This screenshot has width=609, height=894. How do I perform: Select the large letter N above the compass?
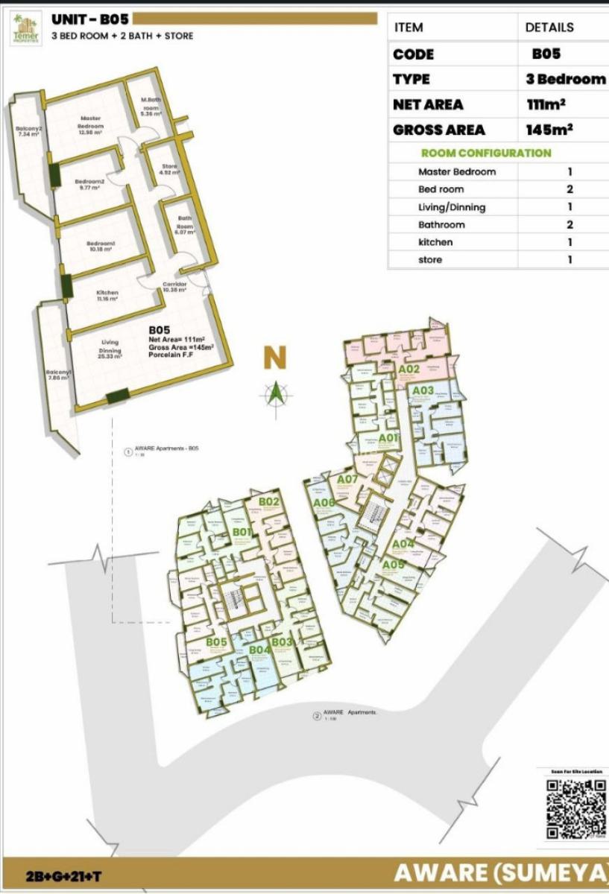click(275, 358)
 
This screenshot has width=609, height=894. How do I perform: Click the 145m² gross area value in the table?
click(549, 129)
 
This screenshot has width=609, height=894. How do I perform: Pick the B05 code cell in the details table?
click(546, 54)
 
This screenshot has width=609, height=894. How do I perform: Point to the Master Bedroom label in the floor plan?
click(90, 122)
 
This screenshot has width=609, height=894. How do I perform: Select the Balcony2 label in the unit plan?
click(28, 131)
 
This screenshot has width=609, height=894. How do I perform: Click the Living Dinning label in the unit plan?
click(110, 346)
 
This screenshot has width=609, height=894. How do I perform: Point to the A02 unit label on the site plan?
click(411, 369)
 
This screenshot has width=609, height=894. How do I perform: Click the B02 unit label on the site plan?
click(269, 501)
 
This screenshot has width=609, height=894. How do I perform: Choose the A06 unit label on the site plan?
click(324, 503)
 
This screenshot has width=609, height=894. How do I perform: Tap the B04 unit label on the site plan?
click(259, 650)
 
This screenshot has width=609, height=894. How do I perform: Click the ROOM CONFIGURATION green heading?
click(486, 153)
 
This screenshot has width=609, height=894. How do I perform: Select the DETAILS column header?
click(549, 27)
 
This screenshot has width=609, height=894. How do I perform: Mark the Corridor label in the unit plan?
click(174, 287)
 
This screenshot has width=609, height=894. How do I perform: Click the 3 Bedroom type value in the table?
click(566, 79)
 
